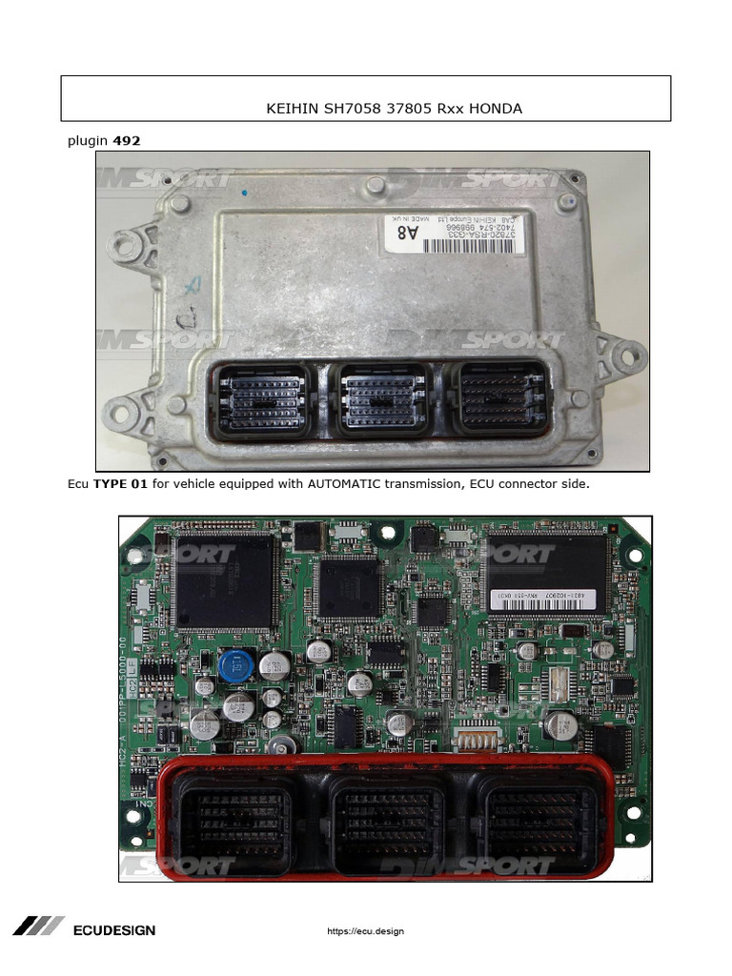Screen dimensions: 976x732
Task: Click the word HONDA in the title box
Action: (498, 109)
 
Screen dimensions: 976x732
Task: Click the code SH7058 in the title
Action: (352, 109)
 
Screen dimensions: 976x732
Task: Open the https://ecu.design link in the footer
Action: (366, 931)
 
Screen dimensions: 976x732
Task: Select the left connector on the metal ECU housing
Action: (260, 399)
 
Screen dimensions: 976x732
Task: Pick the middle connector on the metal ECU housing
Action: (378, 399)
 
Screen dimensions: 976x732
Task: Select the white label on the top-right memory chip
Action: (539, 599)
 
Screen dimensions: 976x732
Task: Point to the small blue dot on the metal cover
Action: (244, 193)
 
